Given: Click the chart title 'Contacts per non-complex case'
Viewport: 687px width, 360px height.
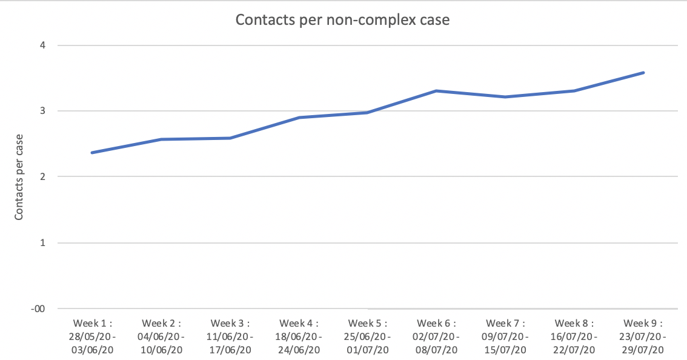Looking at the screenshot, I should point(342,19).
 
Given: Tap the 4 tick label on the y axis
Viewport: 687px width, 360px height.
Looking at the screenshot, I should point(43,45).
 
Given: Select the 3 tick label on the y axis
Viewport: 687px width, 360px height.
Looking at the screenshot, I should point(43,111).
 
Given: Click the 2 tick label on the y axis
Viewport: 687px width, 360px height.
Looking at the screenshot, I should point(43,177).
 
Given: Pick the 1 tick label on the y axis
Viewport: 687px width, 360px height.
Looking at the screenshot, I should point(43,243).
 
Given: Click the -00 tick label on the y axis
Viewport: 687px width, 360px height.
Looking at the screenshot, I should point(39,308).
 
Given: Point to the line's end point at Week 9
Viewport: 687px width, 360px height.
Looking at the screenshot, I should point(643,73).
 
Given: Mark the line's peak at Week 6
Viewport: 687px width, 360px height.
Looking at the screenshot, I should point(436,91).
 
